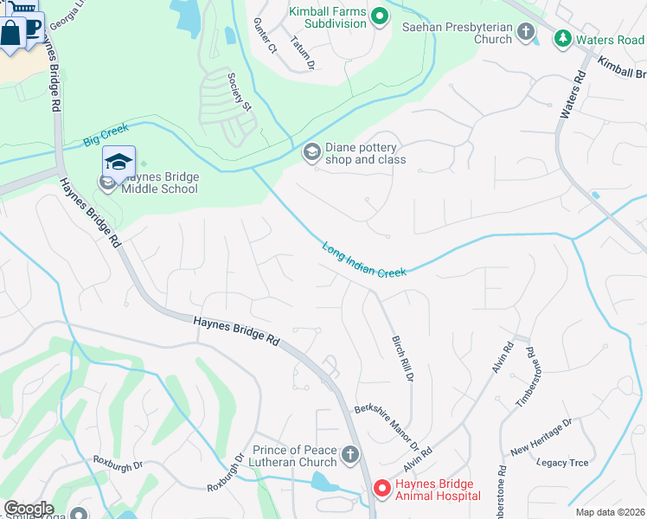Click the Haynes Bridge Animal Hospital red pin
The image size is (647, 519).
click(x=381, y=490)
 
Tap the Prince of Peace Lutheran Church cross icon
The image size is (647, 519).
click(x=350, y=455)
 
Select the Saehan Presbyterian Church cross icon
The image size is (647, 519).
click(x=526, y=33)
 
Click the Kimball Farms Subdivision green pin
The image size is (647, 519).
click(x=379, y=16)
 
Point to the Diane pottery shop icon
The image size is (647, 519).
click(x=311, y=153)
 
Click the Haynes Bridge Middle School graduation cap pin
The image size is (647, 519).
click(x=119, y=162)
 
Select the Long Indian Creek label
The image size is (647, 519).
click(x=364, y=259)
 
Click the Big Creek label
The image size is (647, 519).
click(x=106, y=134)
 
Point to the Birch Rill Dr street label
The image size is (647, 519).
click(x=402, y=360)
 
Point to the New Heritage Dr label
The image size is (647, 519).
click(x=541, y=437)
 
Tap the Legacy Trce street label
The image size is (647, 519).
click(x=562, y=463)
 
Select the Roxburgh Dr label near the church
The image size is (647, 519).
click(x=225, y=474)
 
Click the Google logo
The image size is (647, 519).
click(x=29, y=508)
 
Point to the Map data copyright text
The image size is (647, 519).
click(x=611, y=512)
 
